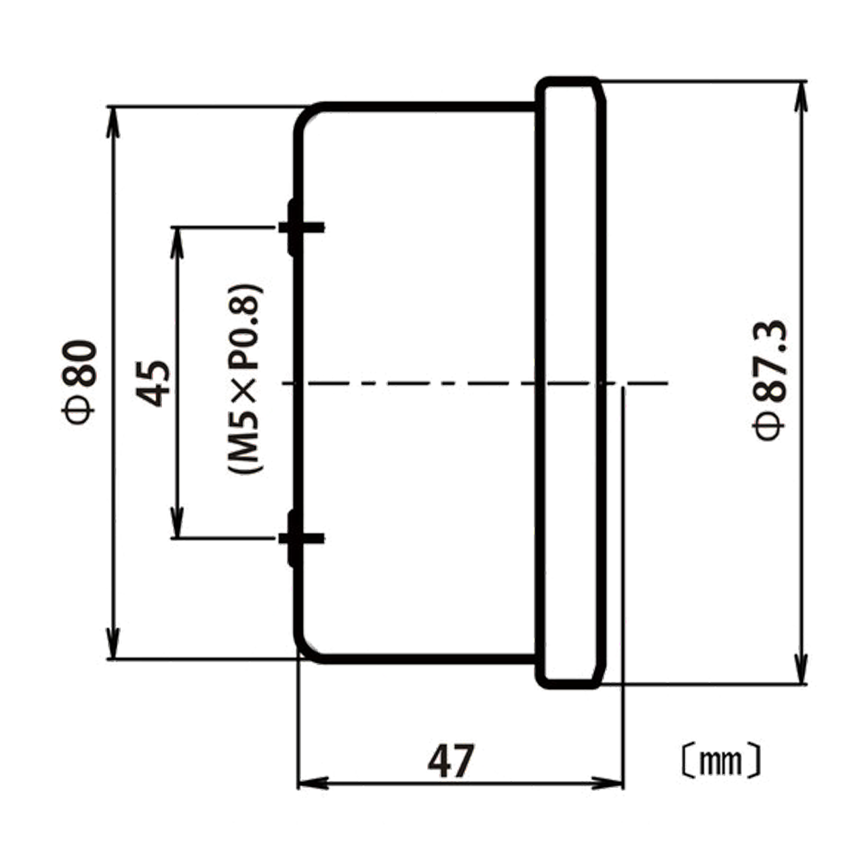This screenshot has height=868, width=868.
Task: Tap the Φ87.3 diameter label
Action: (770, 380)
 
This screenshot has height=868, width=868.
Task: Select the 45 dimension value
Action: (153, 384)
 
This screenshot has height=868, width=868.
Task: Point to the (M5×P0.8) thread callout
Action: (245, 378)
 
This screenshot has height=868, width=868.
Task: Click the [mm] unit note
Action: (721, 761)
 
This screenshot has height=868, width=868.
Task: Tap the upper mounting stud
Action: (301, 227)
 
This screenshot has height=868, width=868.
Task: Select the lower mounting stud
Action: (301, 537)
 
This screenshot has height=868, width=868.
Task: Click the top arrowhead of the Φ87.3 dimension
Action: (800, 96)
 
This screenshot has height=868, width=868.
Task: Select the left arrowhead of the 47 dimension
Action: (313, 795)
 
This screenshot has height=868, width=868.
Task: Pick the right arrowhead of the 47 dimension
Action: (608, 795)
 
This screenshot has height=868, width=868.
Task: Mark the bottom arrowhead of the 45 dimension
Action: (178, 523)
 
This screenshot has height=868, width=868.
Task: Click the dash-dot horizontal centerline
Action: (475, 383)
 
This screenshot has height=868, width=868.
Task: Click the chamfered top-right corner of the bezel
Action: (601, 90)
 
